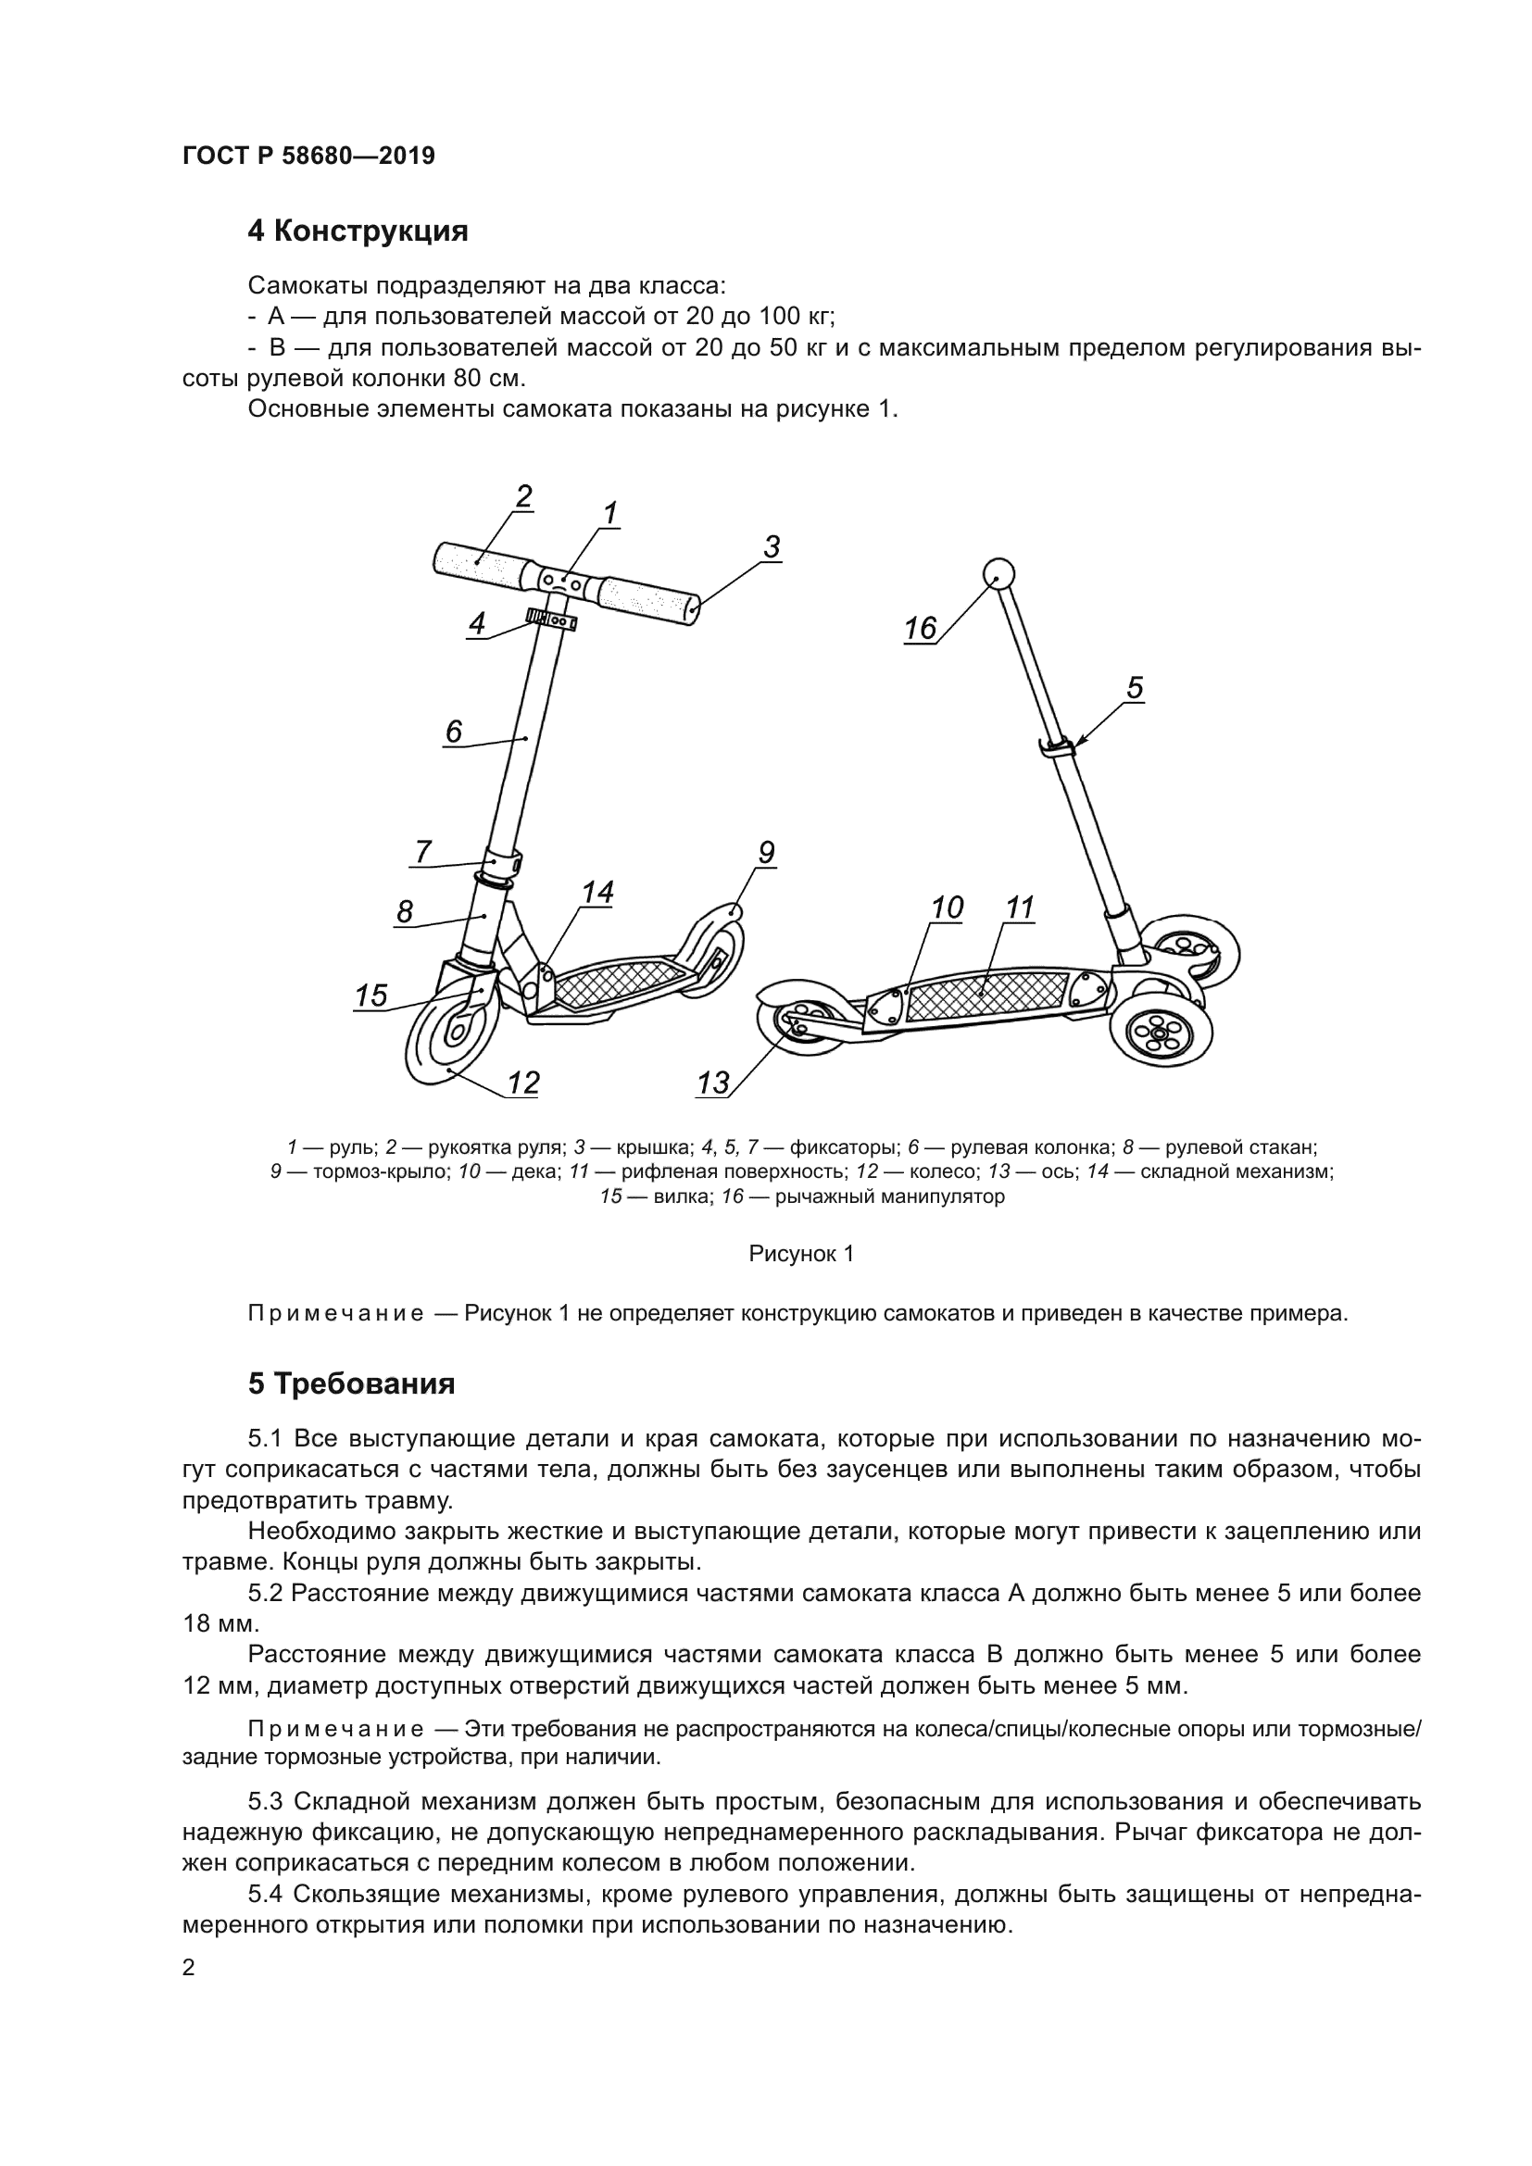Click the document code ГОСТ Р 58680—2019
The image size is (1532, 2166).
(308, 156)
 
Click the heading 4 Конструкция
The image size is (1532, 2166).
(358, 232)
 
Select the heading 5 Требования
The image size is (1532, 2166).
(351, 1383)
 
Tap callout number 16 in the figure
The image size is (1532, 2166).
(920, 628)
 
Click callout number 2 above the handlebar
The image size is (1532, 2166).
(523, 496)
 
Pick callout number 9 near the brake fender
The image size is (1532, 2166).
(766, 853)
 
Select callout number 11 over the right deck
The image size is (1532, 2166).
(1020, 908)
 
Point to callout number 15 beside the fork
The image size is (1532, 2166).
(371, 995)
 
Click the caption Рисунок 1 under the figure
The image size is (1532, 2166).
(801, 1254)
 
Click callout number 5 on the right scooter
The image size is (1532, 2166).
(1135, 688)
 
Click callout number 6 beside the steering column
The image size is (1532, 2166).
(454, 732)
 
